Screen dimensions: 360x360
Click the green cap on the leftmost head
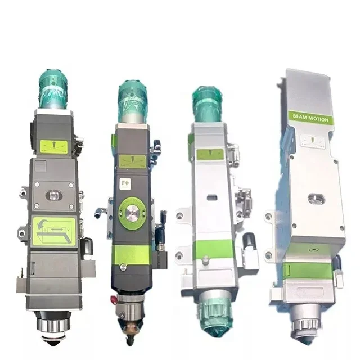[53, 89]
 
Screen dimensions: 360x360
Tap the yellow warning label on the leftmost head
[54, 147]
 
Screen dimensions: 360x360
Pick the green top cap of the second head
[132, 101]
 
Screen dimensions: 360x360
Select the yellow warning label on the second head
[133, 161]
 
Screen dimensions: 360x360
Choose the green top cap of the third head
[206, 103]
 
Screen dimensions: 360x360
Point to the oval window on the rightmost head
[316, 199]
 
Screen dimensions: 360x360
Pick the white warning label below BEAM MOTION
[312, 141]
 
